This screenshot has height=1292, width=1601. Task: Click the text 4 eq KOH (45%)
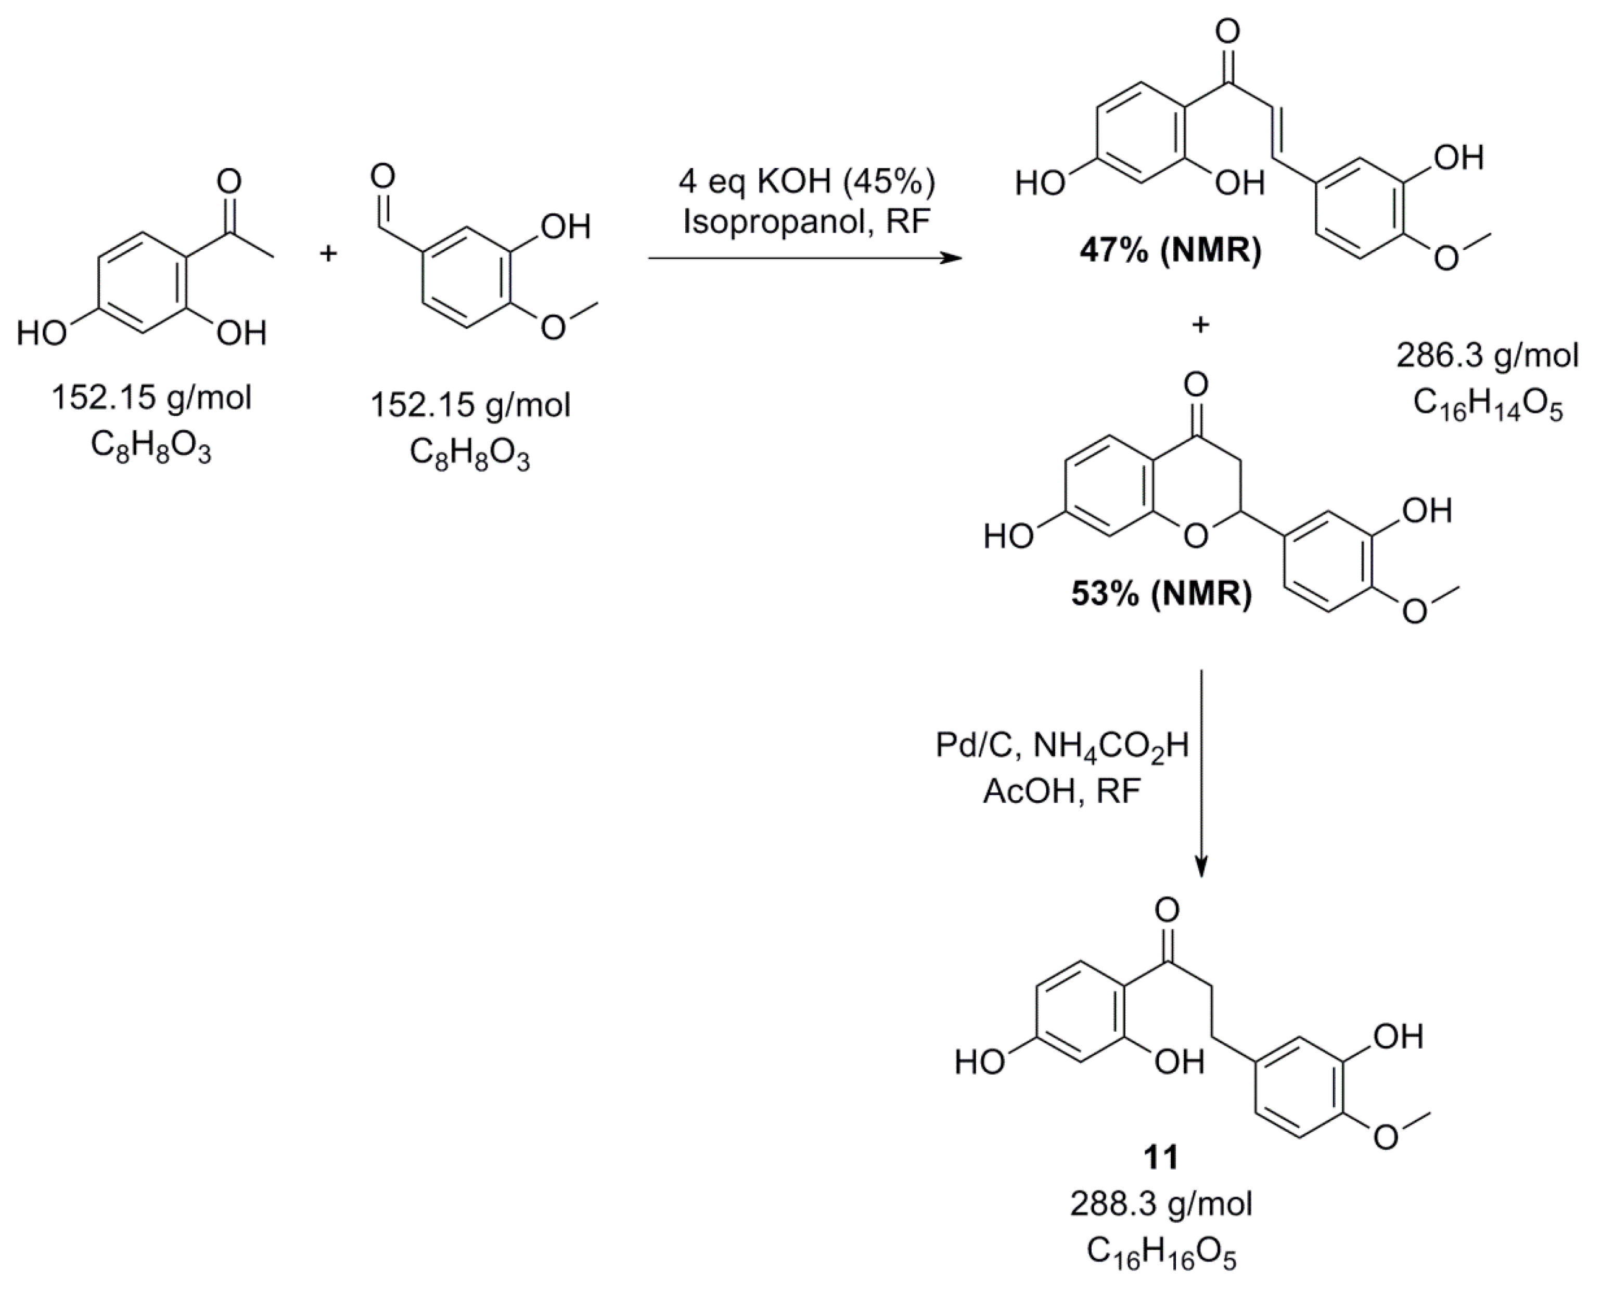807,182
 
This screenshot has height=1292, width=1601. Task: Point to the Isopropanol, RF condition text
807,222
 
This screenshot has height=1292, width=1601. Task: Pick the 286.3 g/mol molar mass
1487,356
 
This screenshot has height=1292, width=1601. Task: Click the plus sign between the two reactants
328,254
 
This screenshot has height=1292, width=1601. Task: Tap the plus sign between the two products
1200,325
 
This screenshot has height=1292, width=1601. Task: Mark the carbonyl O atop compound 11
1167,910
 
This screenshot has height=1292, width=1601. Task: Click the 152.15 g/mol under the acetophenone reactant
151,398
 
